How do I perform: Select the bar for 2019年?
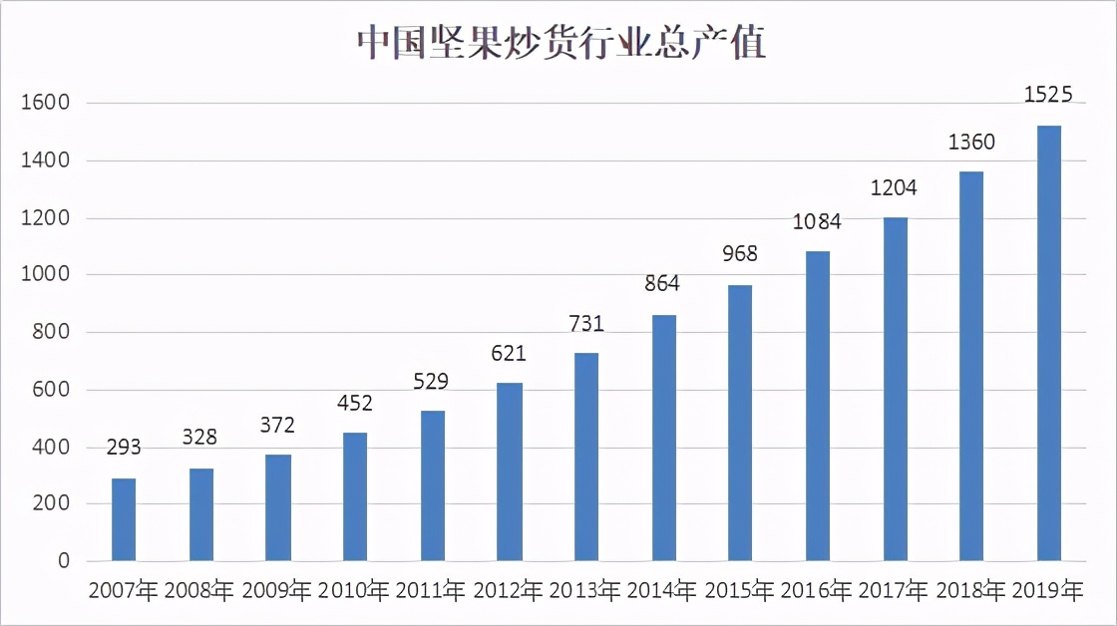[1048, 343]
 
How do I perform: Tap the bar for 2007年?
[124, 519]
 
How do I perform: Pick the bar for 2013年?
[586, 457]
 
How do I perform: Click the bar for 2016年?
[818, 406]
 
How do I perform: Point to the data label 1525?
[1048, 96]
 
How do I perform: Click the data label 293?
[124, 448]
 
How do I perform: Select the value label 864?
[662, 284]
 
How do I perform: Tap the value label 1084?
[817, 221]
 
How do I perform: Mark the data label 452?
[354, 403]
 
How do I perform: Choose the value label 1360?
[971, 143]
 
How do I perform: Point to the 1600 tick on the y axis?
[48, 103]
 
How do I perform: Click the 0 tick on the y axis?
[63, 561]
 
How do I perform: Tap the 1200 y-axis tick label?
[48, 217]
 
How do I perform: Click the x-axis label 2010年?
[354, 591]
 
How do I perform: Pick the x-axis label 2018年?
[971, 591]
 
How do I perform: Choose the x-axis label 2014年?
[663, 591]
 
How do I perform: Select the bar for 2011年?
[433, 485]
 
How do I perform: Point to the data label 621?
[509, 354]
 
